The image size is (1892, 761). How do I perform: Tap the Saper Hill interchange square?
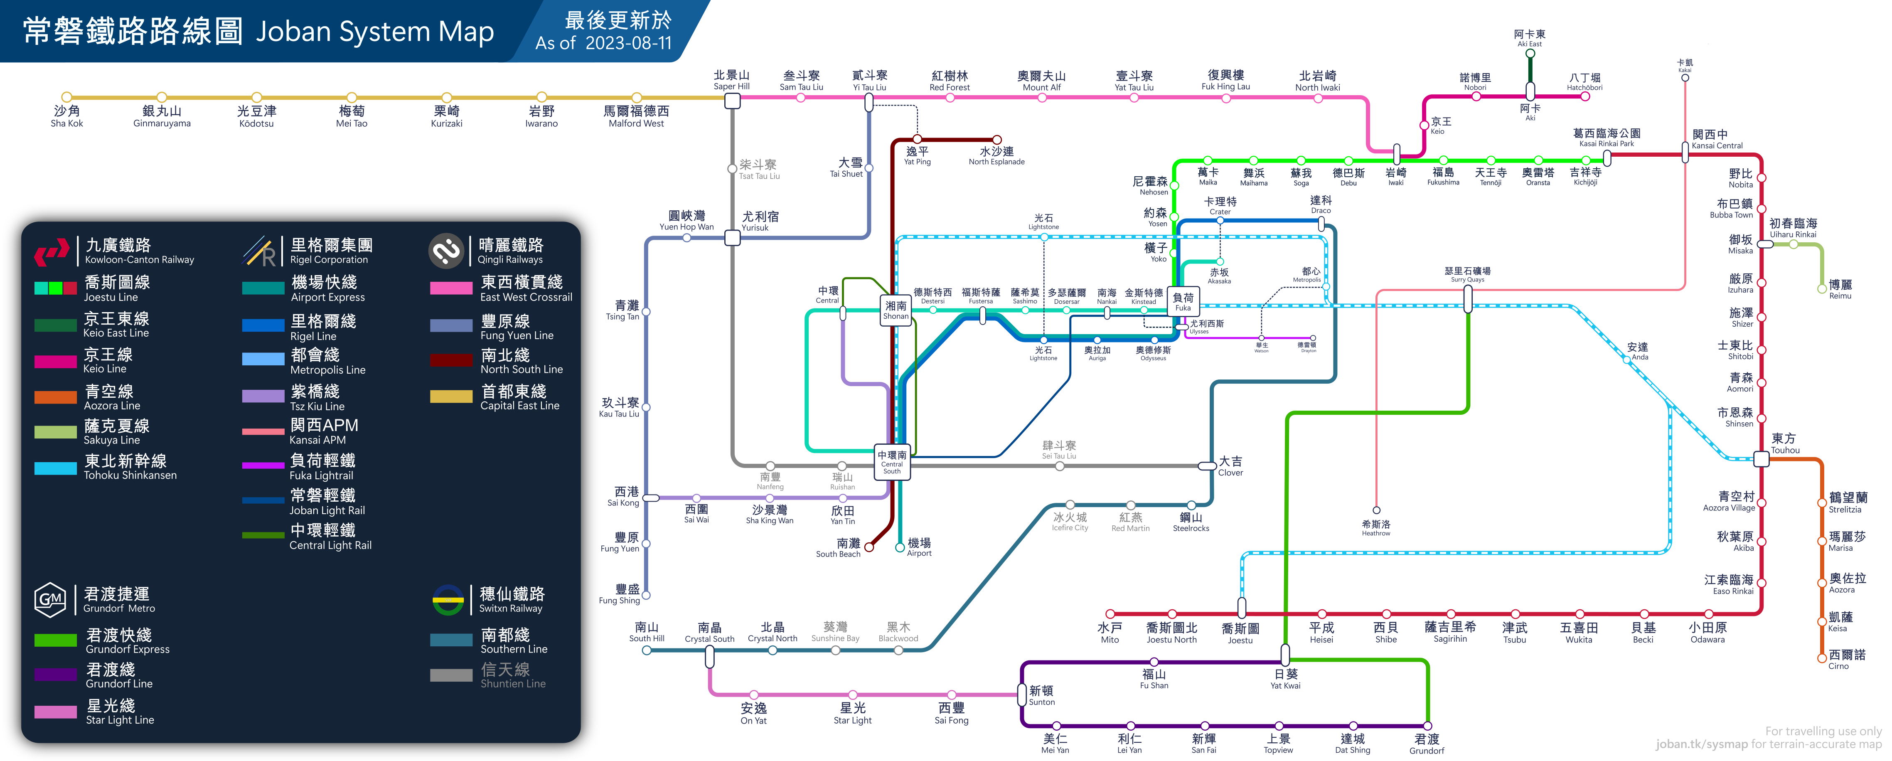coord(732,101)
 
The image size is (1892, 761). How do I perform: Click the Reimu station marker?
coord(1821,289)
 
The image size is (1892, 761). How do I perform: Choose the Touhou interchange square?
coord(1761,459)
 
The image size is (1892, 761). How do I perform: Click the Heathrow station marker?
coord(1376,510)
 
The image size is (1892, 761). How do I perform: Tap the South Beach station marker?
coord(869,547)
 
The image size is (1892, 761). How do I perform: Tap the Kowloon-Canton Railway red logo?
coord(52,252)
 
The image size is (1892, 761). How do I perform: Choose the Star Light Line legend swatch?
coord(55,712)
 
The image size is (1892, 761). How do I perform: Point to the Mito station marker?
coord(1110,613)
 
